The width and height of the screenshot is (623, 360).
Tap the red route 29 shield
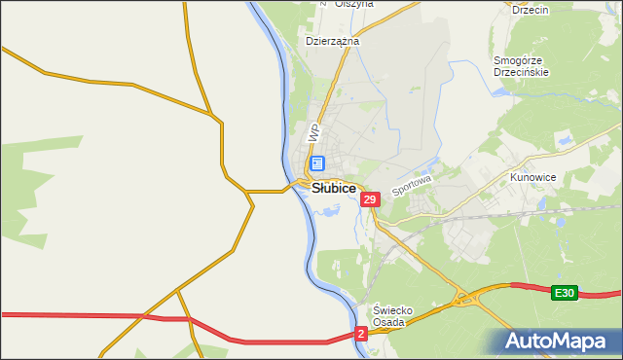tap(369, 199)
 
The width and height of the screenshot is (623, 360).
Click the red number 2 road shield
tap(361, 333)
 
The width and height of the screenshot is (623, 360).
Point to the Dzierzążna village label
tap(333, 42)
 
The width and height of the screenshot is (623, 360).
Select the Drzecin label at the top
tap(531, 10)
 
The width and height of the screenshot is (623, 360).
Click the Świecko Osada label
tap(394, 316)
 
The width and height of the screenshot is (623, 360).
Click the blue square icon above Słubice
tap(317, 164)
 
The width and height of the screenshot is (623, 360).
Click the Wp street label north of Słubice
tap(313, 130)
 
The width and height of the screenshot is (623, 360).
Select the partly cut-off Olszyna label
tap(354, 4)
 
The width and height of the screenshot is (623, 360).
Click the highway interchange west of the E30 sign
tap(470, 299)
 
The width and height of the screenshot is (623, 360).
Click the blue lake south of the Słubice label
tap(326, 206)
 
